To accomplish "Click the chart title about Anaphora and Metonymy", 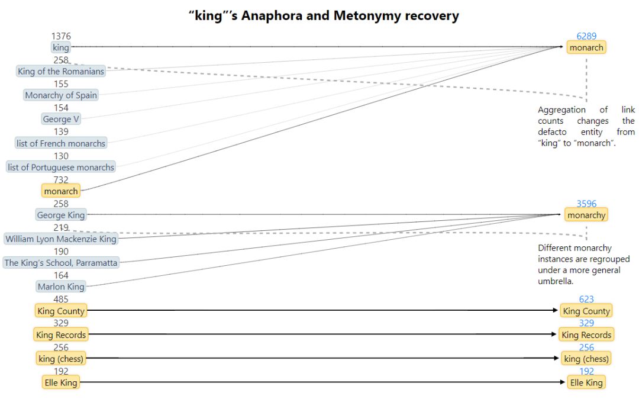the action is [324, 15].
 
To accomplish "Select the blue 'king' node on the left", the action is [61, 47].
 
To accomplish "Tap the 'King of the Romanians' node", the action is [61, 72].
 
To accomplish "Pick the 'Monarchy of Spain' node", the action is [61, 95].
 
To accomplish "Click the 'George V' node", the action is [61, 119].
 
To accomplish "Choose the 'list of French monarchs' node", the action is [61, 143].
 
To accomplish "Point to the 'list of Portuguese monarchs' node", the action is [61, 168].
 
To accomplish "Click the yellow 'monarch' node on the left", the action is [61, 191].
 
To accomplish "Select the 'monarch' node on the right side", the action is [586, 47].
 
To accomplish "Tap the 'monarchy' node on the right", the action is [586, 215].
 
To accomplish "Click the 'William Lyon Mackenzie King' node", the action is [61, 239].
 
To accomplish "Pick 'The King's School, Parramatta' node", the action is [61, 263].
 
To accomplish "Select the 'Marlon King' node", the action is [61, 287].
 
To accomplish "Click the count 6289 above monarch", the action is [586, 36].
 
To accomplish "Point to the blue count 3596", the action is [586, 204].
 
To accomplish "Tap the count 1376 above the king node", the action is [61, 37].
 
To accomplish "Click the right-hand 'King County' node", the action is [586, 311].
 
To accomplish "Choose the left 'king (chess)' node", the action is [61, 359].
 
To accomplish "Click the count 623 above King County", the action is [586, 300].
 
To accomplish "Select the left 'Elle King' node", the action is [61, 383].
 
